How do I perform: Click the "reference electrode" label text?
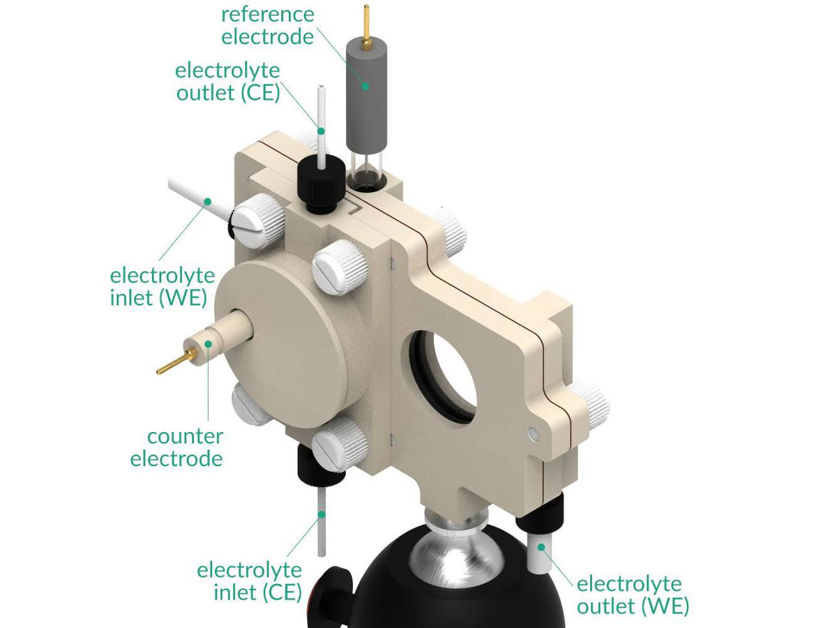coord(268,25)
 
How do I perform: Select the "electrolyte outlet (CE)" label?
coord(227,81)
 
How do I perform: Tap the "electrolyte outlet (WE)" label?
coord(632,595)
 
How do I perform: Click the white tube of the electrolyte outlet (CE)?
coord(321,119)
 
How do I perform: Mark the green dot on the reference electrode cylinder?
coord(364,87)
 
